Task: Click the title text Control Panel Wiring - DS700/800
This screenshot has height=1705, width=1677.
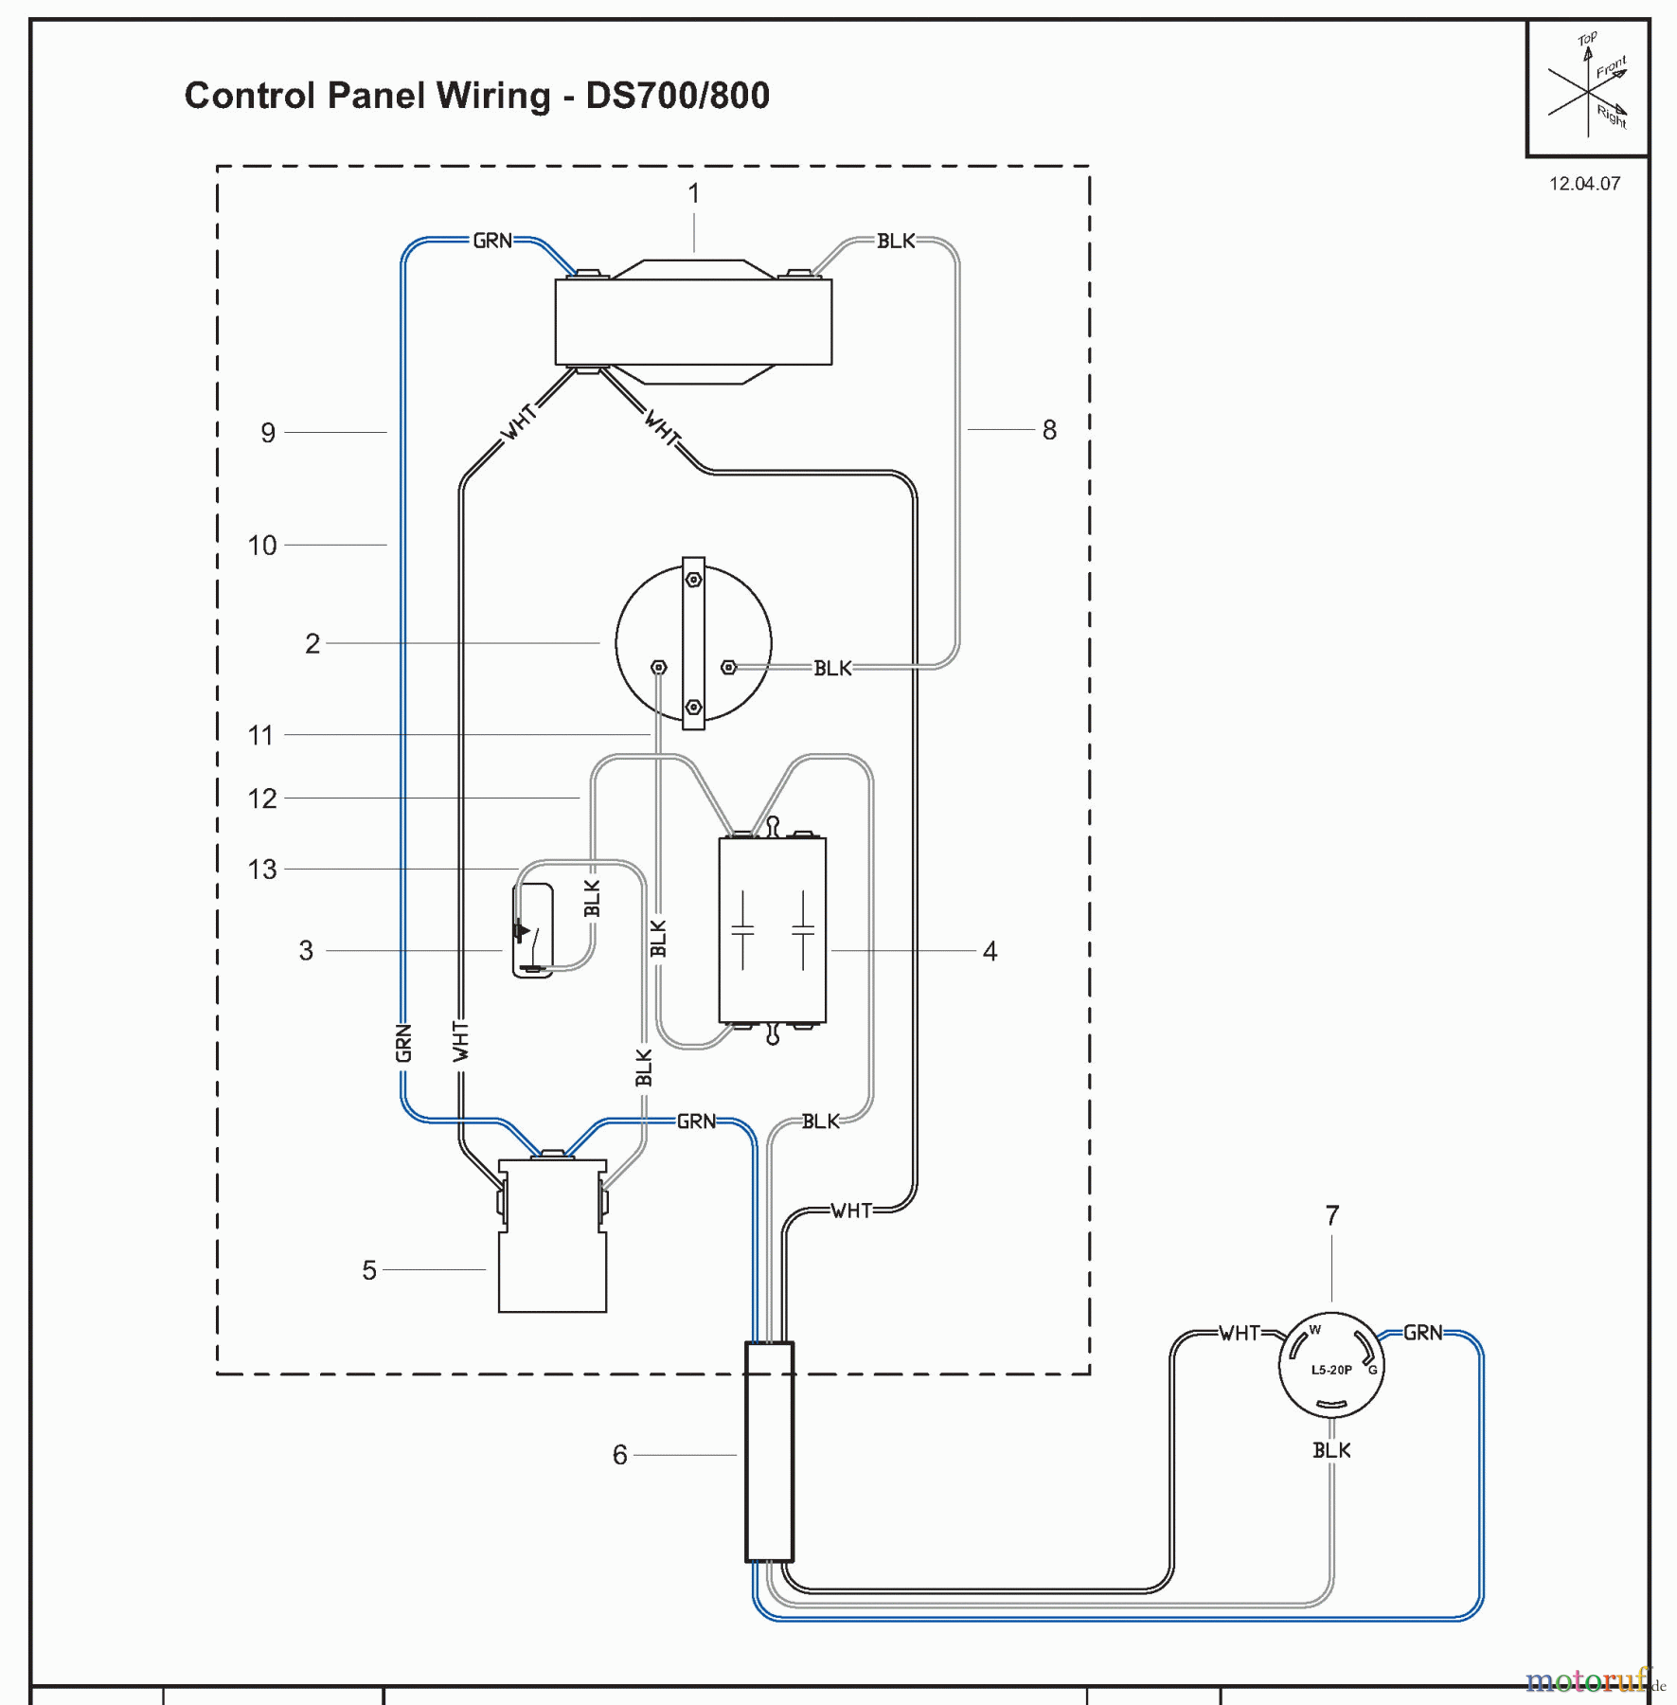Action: tap(476, 96)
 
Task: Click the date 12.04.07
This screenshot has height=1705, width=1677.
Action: tap(1584, 184)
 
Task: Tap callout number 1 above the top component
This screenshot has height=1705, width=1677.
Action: tap(693, 193)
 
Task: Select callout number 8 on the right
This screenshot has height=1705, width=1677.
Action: tap(1049, 430)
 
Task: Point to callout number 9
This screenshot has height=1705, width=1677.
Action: tap(268, 433)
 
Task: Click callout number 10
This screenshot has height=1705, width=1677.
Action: tap(262, 546)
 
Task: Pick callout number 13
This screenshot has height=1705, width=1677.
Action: tap(262, 870)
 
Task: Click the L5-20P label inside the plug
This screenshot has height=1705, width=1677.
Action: tap(1330, 1370)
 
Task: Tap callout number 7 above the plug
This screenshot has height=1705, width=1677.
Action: tap(1331, 1215)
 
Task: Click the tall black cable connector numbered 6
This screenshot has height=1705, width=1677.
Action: tap(769, 1452)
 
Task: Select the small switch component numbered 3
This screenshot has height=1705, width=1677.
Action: tap(532, 930)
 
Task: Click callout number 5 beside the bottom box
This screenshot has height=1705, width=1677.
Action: tap(369, 1270)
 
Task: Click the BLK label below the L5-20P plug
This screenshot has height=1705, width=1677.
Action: tap(1331, 1450)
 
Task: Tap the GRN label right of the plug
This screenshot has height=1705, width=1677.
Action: tap(1422, 1333)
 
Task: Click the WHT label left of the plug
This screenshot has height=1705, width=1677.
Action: tap(1240, 1334)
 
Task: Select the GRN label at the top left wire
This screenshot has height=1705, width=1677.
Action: tap(492, 241)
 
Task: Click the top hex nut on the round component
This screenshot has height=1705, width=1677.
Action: tap(693, 580)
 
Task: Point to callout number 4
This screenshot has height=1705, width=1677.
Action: tap(990, 951)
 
